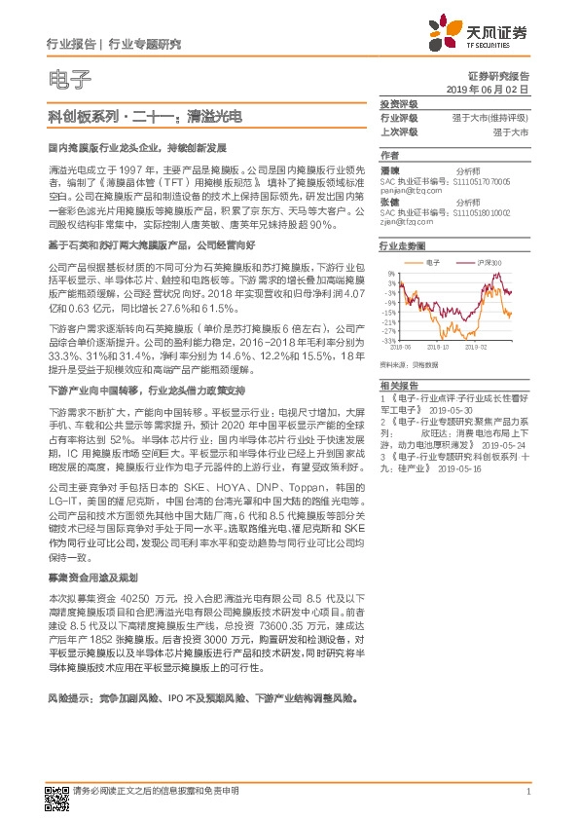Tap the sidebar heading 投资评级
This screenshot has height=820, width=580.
coord(399,104)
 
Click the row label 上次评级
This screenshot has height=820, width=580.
coord(399,130)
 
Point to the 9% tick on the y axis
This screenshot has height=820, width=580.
coord(390,274)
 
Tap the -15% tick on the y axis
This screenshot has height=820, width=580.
coord(388,313)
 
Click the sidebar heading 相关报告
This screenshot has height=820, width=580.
coord(399,387)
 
